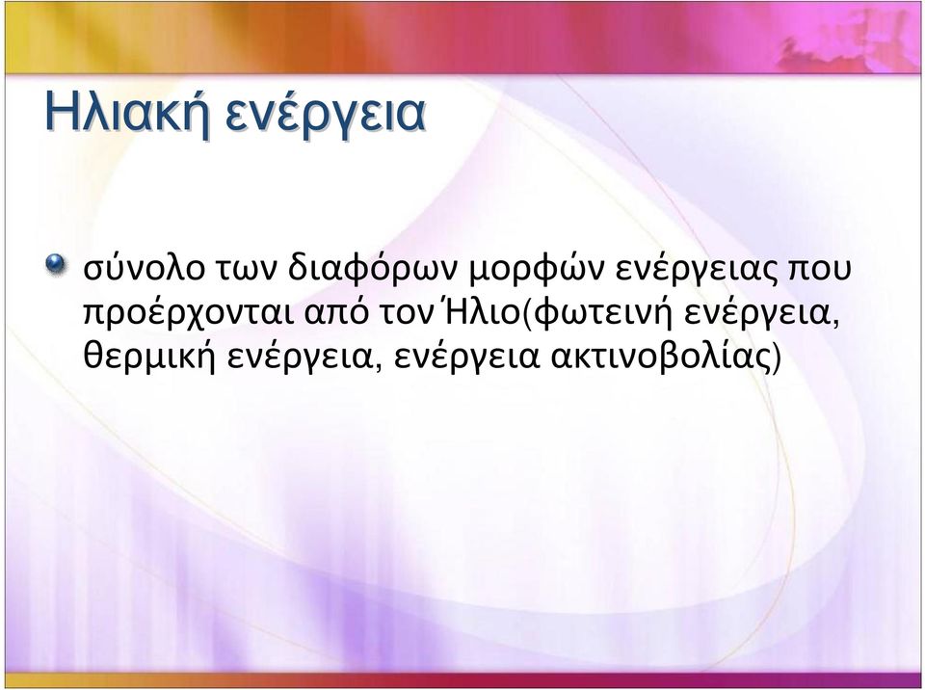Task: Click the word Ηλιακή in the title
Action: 128,113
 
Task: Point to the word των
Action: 247,272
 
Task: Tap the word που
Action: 820,272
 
